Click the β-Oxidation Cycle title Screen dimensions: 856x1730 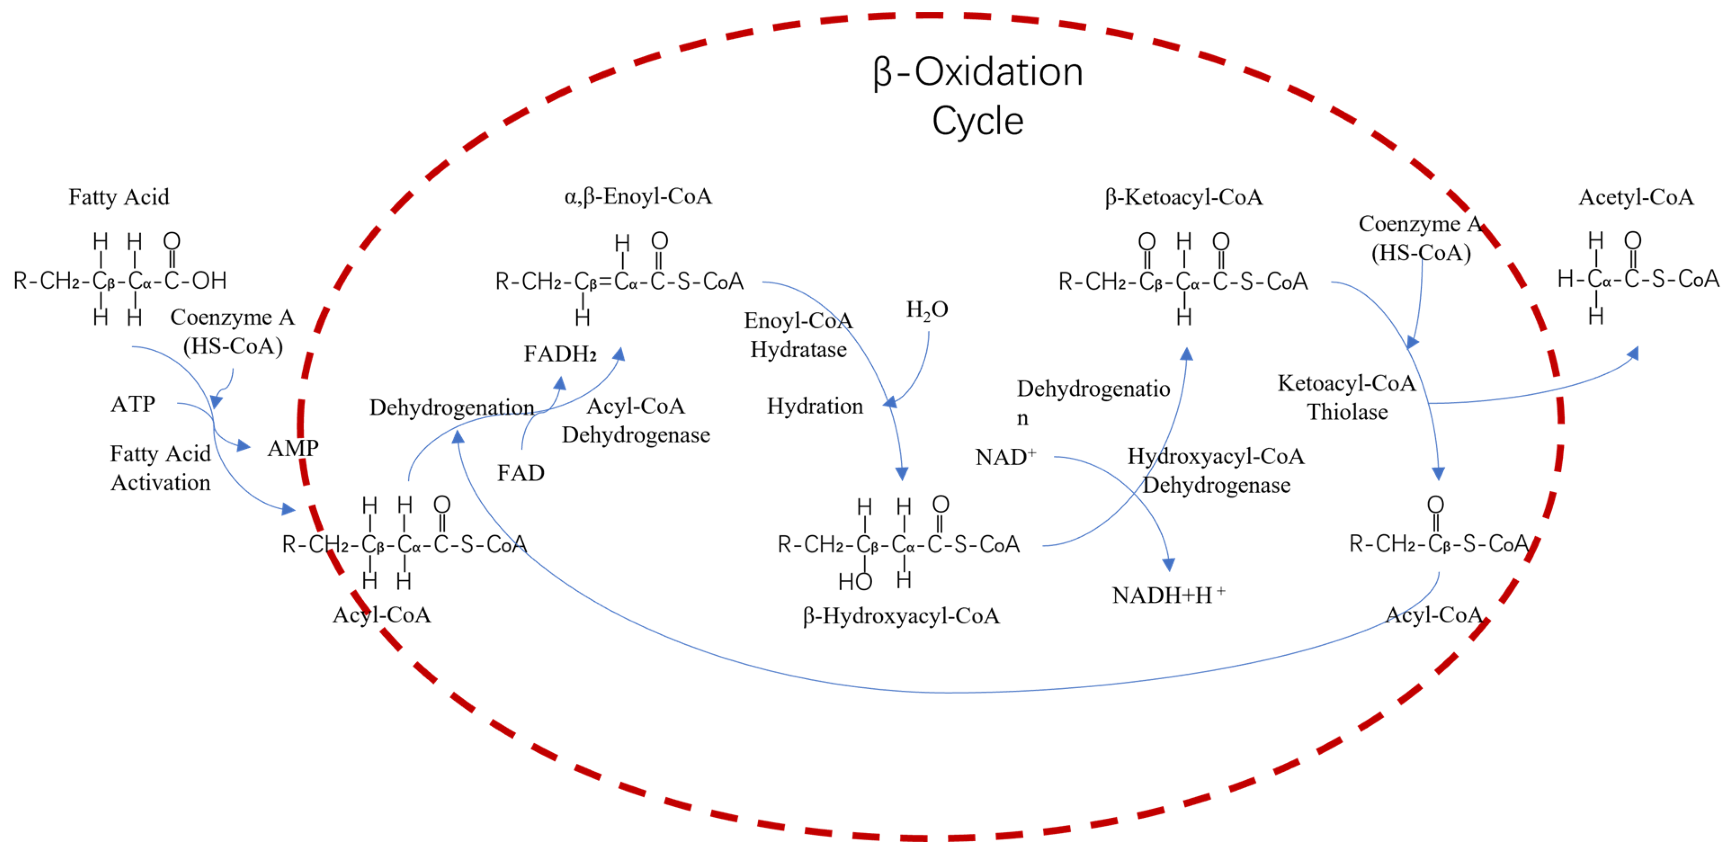click(x=978, y=96)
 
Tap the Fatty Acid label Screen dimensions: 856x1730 click(x=119, y=197)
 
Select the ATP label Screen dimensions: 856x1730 click(x=133, y=404)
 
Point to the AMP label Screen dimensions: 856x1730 click(x=293, y=448)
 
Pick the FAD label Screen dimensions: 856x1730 click(x=520, y=473)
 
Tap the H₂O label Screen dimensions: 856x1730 click(x=927, y=310)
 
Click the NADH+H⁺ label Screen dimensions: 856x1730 click(x=1168, y=595)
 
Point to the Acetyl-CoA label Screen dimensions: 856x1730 click(x=1636, y=197)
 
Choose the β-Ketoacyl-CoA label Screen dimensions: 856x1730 click(x=1183, y=197)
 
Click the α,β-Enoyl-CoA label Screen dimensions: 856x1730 click(x=638, y=196)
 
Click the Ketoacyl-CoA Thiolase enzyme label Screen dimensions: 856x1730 click(x=1347, y=397)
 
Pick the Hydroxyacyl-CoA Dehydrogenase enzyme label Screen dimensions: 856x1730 click(x=1216, y=470)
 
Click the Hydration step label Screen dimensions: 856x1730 click(x=815, y=406)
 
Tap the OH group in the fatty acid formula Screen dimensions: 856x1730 click(x=209, y=280)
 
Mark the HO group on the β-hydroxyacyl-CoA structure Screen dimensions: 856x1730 click(x=855, y=581)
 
